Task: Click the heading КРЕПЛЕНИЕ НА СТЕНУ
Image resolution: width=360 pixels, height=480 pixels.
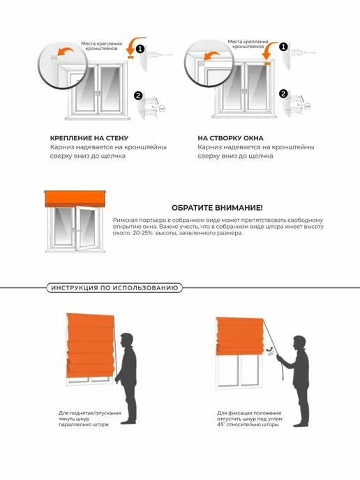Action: tap(89, 138)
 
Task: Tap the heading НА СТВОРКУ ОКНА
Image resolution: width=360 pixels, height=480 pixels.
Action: tap(230, 138)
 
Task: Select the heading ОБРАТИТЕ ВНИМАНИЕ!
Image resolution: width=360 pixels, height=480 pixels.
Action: tap(217, 208)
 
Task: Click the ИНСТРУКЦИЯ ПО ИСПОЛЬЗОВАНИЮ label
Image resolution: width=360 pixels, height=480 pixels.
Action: tap(114, 288)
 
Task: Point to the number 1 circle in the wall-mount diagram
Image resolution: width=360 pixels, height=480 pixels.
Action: tap(140, 49)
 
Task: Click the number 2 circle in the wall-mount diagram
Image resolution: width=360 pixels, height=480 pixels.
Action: tap(138, 96)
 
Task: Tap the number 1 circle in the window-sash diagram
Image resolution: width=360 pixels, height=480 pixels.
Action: tap(283, 47)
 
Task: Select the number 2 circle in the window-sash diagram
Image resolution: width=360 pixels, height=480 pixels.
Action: tap(283, 93)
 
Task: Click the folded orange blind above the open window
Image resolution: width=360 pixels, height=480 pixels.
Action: tap(75, 199)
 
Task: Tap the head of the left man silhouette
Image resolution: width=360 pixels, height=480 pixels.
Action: tap(126, 340)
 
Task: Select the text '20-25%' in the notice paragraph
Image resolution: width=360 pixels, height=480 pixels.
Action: tap(142, 233)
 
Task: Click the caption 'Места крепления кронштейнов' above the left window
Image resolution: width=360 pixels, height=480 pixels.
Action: tap(101, 46)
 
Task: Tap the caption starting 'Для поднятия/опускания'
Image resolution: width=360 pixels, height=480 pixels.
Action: tap(90, 419)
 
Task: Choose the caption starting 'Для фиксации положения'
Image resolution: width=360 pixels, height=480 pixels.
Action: tap(250, 419)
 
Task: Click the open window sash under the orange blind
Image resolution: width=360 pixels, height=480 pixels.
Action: tap(87, 228)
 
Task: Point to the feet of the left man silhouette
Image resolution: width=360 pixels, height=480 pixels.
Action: tap(128, 422)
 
